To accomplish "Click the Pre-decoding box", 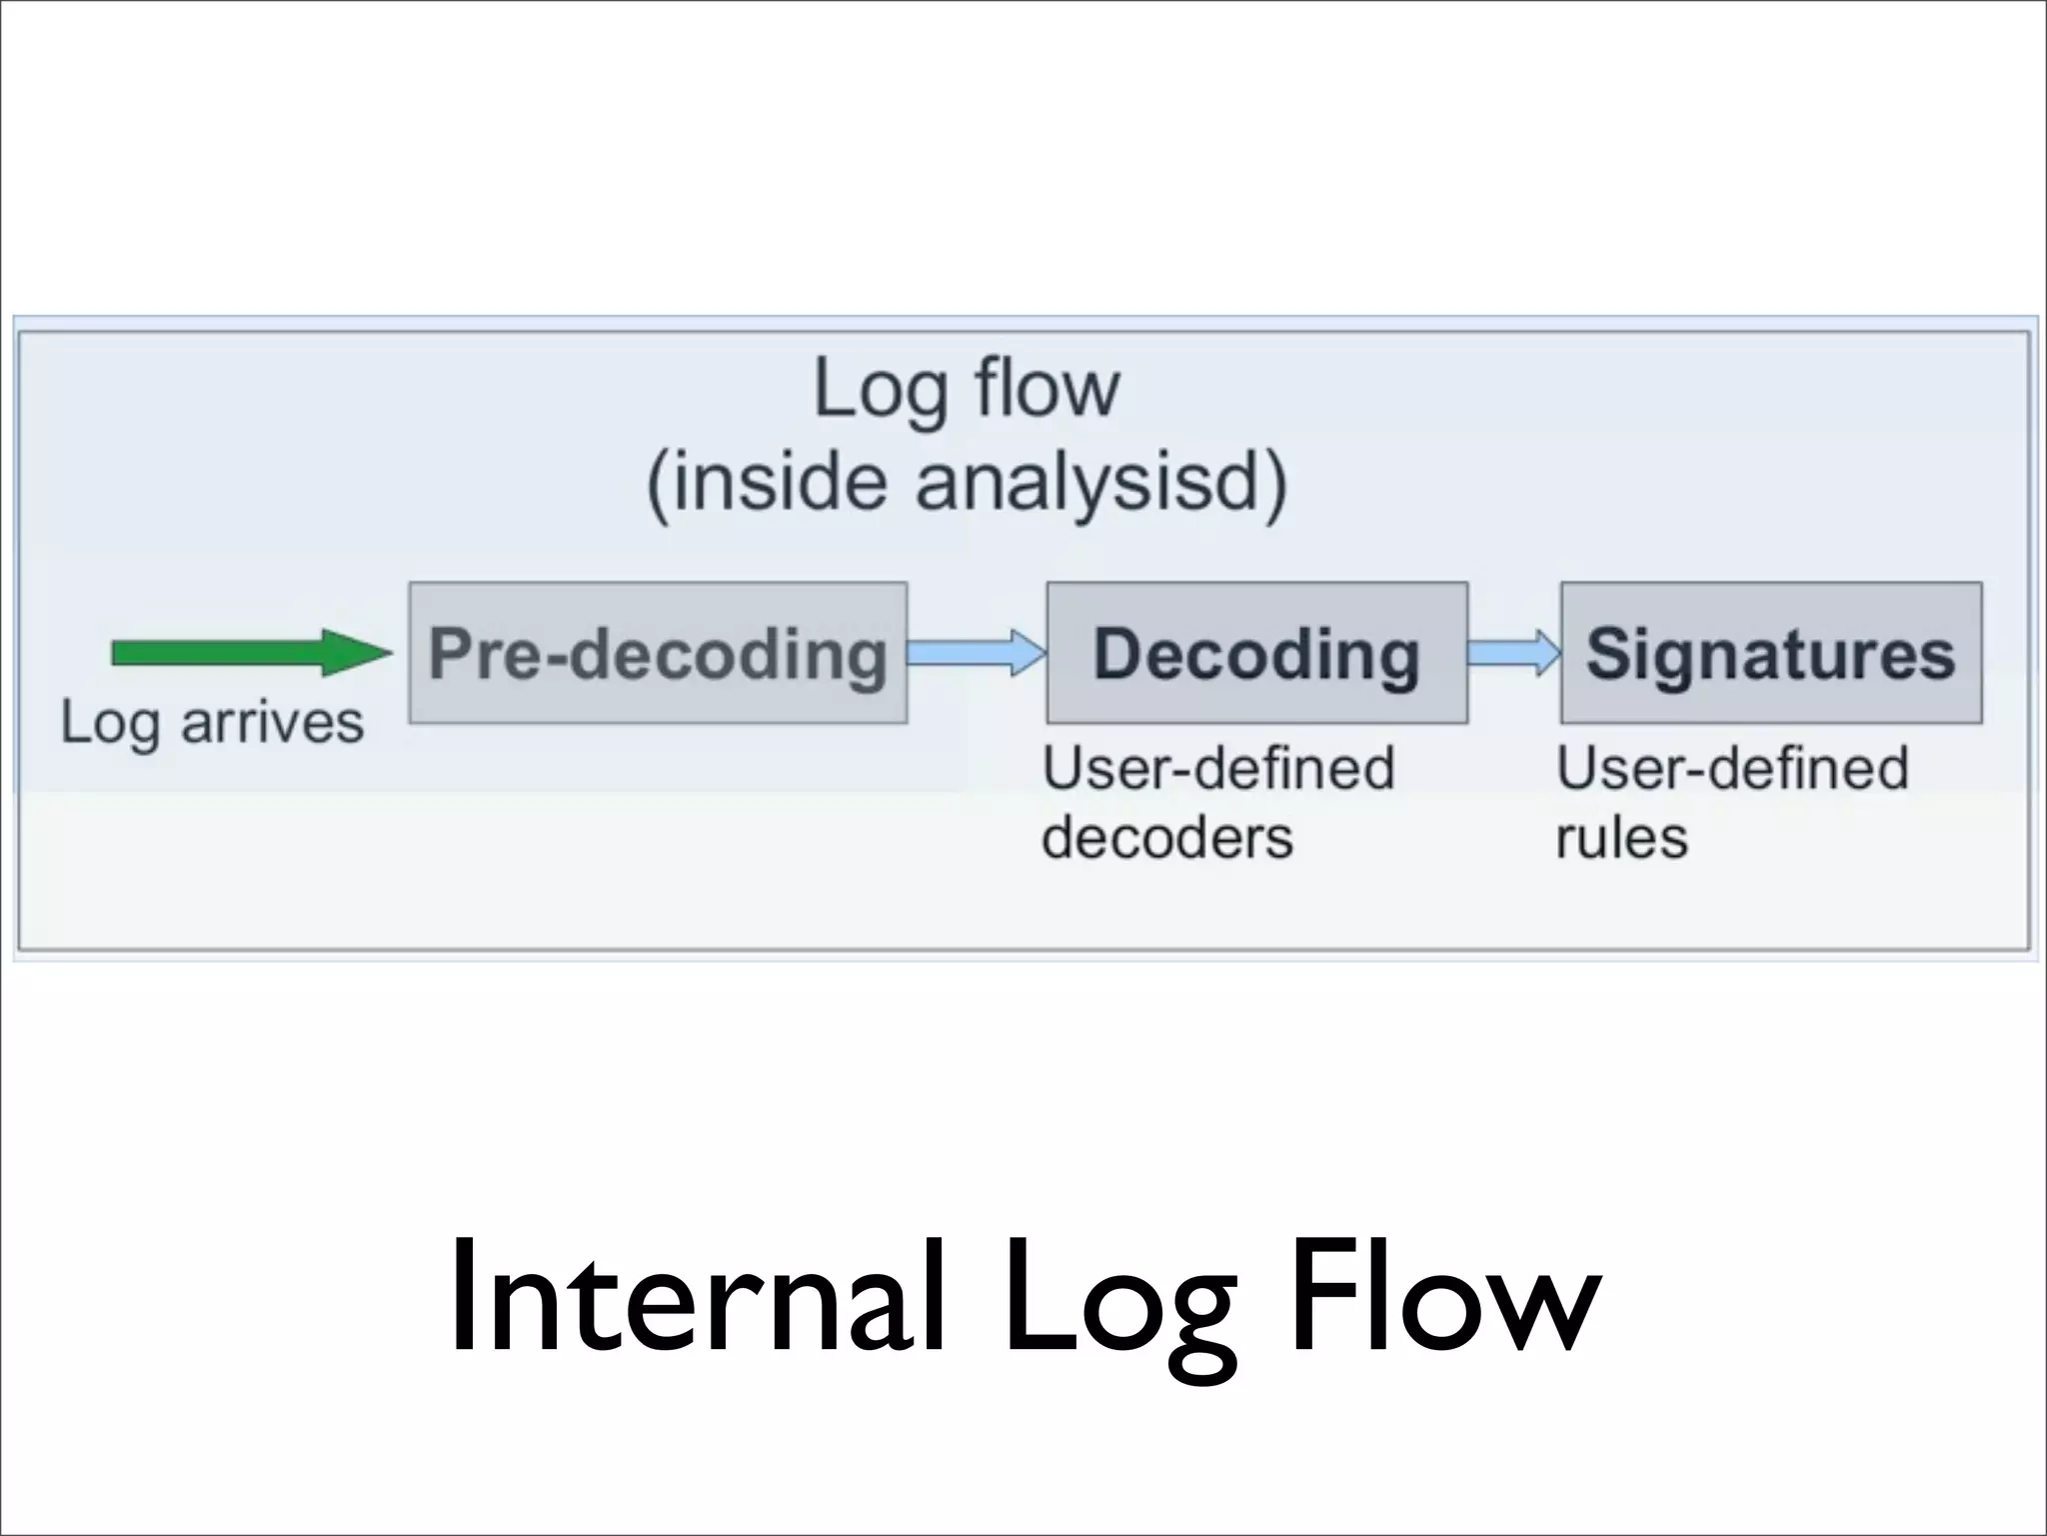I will point(658,653).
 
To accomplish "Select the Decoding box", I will point(1256,653).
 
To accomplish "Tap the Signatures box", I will point(1770,653).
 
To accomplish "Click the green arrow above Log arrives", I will point(250,653).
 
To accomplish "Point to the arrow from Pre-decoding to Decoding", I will point(977,653).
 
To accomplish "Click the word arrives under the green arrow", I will point(272,722).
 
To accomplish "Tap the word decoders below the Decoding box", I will point(1167,837).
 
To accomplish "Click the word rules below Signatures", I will point(1621,837).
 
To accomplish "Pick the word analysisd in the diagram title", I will point(1100,482).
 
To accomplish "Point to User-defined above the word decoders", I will point(1218,768).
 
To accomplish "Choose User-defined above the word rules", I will point(1732,768).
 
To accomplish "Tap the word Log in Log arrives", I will point(110,724).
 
